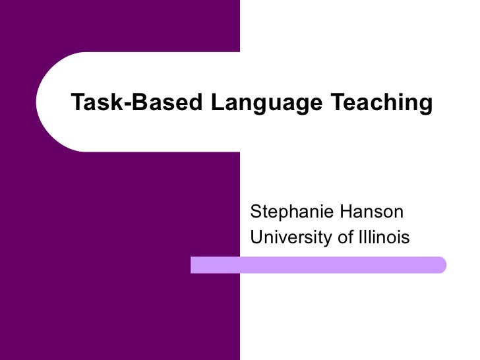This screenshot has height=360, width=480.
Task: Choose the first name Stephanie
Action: click(x=289, y=212)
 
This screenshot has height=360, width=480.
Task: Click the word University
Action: click(x=292, y=237)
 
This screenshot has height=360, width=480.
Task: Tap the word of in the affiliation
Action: click(x=345, y=237)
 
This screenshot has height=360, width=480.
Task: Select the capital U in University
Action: click(x=256, y=237)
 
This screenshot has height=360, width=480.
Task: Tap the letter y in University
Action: click(x=330, y=239)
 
